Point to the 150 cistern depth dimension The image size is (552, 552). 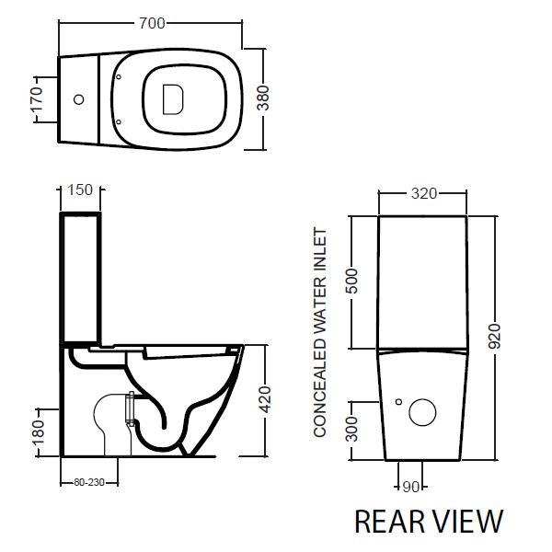tap(81, 190)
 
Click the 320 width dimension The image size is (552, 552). tap(423, 194)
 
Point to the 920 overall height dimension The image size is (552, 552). tap(497, 336)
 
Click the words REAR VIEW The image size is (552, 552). tap(429, 521)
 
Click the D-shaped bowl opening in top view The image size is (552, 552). tap(172, 98)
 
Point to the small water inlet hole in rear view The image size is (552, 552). tap(397, 401)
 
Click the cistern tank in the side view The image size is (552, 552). tap(81, 276)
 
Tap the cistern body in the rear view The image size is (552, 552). tap(423, 281)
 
